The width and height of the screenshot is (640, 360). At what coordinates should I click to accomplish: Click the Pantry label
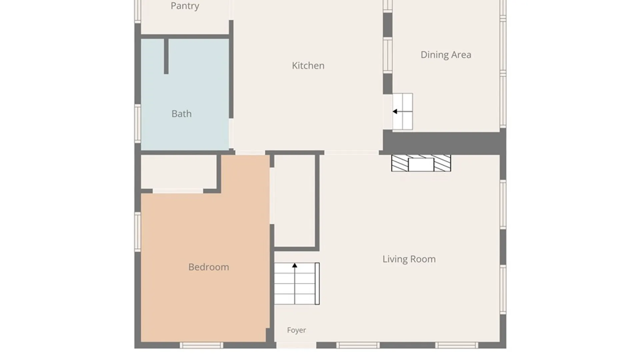(x=185, y=6)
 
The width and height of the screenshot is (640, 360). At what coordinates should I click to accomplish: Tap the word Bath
(x=182, y=114)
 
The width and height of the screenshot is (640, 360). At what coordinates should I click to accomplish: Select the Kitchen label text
(x=308, y=66)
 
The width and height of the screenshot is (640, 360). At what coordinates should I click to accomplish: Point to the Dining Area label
(x=446, y=55)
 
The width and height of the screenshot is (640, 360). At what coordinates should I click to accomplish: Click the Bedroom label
(x=209, y=267)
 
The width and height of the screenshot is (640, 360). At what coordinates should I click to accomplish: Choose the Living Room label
(x=409, y=259)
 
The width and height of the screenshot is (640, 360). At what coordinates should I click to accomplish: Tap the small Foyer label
(x=296, y=330)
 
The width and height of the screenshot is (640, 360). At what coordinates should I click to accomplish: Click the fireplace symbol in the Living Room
(x=421, y=163)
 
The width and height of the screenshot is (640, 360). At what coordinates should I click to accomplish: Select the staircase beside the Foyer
(x=297, y=284)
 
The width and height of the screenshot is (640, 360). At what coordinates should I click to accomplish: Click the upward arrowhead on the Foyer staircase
(x=295, y=266)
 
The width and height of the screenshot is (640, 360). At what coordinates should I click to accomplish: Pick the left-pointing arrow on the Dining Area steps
(x=402, y=112)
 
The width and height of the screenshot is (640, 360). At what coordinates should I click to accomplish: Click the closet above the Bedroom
(x=179, y=172)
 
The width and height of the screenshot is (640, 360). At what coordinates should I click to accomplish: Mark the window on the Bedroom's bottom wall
(x=202, y=345)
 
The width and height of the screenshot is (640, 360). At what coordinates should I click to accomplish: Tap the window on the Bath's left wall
(x=138, y=124)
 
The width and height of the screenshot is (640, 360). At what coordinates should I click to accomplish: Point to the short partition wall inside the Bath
(x=166, y=56)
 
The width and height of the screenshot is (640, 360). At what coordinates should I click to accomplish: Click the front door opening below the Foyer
(x=296, y=345)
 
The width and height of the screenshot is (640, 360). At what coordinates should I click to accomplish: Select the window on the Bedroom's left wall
(x=138, y=232)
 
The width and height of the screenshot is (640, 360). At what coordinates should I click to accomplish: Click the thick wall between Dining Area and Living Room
(x=444, y=143)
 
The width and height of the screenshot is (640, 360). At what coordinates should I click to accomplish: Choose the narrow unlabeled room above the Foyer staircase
(x=295, y=201)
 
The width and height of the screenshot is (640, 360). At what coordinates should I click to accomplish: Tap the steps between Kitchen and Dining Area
(x=403, y=112)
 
